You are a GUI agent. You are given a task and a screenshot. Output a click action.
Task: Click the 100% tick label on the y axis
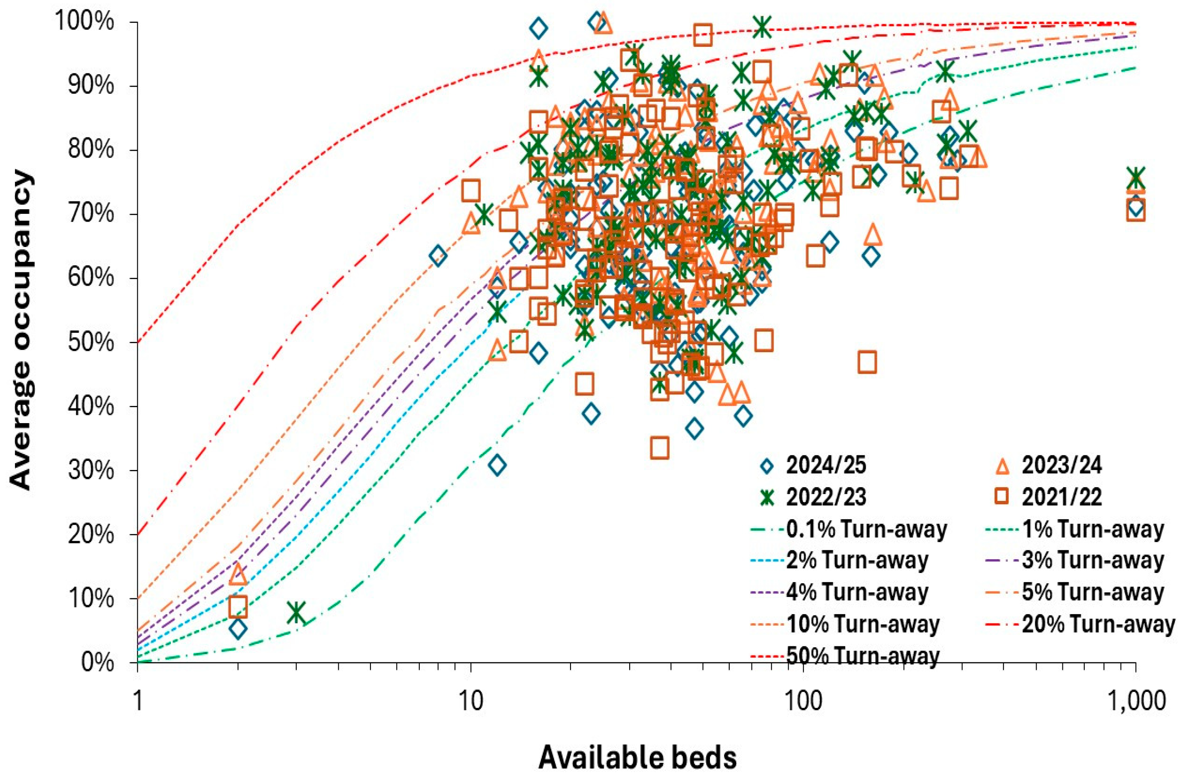click(x=84, y=23)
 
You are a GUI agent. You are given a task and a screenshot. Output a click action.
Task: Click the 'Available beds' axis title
click(x=637, y=757)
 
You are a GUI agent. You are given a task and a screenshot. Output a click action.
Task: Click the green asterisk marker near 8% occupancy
click(x=297, y=612)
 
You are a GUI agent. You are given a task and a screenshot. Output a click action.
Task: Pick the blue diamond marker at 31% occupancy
click(x=497, y=466)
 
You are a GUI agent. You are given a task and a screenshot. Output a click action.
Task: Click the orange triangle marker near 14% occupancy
click(x=239, y=573)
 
